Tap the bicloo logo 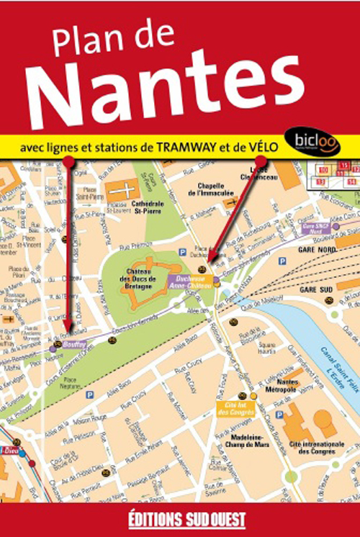pyautogui.click(x=312, y=142)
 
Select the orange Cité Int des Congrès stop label pyautogui.click(x=231, y=408)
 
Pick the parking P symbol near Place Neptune pyautogui.click(x=90, y=395)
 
